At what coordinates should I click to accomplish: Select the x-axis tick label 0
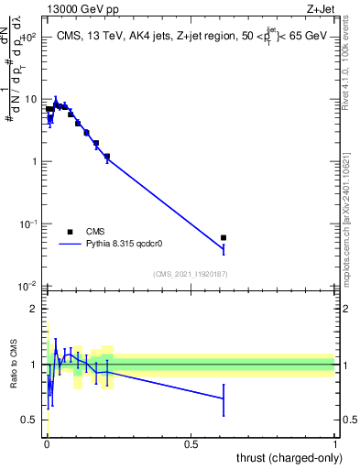click(46, 442)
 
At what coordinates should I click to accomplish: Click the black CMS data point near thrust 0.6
click(224, 238)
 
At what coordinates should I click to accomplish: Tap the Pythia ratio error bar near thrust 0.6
click(224, 398)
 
